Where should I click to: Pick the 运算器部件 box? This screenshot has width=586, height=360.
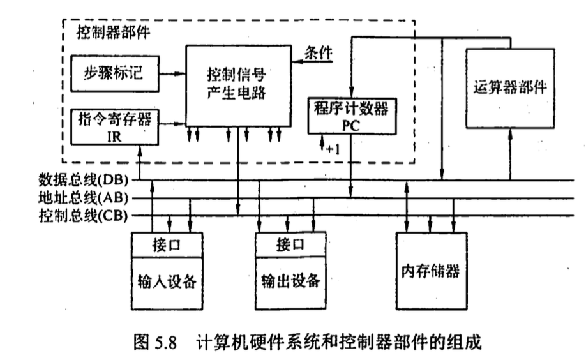pyautogui.click(x=511, y=86)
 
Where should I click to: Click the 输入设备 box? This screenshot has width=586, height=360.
pyautogui.click(x=167, y=280)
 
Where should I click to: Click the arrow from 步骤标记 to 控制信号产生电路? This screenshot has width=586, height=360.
pyautogui.click(x=170, y=73)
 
